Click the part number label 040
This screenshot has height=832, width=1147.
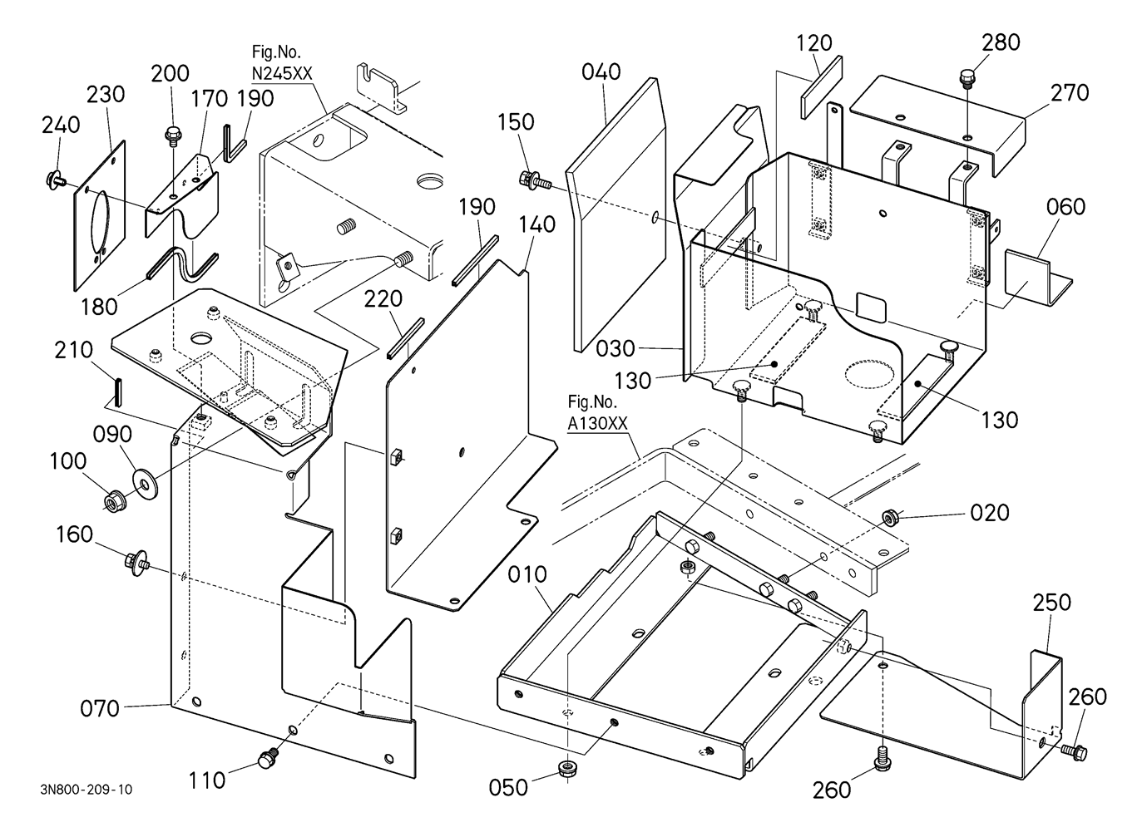tap(601, 72)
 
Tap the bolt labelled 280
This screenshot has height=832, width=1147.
tap(967, 79)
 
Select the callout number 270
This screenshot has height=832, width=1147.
tap(1069, 92)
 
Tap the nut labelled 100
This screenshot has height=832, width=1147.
tap(111, 500)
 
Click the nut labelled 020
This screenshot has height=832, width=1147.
tap(889, 519)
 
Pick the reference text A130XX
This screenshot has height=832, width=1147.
tap(597, 423)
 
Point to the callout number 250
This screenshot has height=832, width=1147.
tap(1051, 603)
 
